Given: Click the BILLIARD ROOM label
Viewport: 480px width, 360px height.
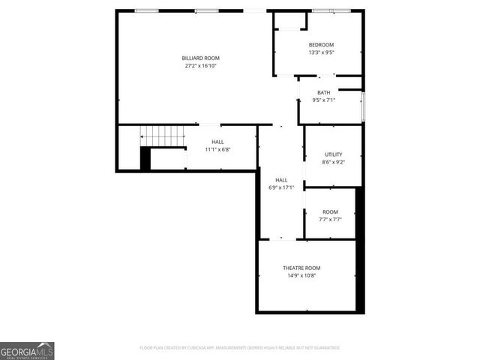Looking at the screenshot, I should [201, 58].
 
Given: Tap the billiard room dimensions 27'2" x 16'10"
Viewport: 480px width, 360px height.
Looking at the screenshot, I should [201, 66].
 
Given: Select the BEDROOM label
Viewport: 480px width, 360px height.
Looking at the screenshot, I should [321, 45].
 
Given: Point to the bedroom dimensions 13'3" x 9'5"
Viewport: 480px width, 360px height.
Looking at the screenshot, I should [321, 52].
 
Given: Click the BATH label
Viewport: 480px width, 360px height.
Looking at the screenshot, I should [323, 92].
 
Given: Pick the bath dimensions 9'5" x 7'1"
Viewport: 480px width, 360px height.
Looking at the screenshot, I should [323, 100].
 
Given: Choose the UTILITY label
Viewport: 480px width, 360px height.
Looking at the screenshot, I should [333, 154].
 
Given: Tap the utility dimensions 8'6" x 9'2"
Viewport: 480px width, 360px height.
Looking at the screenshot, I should [333, 162].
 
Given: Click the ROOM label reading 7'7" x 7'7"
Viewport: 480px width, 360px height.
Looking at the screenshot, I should [330, 212].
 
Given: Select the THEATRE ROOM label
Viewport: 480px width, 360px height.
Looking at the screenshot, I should [301, 268].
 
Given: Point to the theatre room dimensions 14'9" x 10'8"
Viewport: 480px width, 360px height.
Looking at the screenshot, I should [301, 276].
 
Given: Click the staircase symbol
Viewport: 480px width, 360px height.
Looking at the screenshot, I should [163, 136].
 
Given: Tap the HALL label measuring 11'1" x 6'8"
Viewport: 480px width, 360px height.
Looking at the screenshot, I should [217, 142].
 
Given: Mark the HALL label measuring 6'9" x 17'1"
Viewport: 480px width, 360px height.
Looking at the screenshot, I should [281, 180].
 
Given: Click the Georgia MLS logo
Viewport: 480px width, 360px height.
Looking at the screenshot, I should [27, 350].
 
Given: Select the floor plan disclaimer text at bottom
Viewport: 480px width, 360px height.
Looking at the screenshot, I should [240, 348].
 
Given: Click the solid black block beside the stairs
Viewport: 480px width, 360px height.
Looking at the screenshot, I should [145, 158].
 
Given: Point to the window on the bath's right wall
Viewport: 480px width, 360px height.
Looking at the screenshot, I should [363, 106].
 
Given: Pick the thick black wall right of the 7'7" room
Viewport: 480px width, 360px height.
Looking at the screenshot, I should [359, 247].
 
